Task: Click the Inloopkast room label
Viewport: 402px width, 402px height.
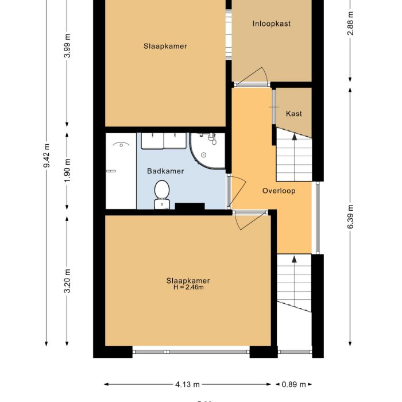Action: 272,24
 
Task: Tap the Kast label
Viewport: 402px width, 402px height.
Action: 293,114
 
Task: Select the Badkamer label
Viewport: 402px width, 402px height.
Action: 165,171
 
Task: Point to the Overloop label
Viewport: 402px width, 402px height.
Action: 279,191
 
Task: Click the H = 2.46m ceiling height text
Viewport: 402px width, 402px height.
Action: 188,287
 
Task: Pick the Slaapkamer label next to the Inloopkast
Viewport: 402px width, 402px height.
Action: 165,47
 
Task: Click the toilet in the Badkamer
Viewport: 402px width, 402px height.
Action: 162,194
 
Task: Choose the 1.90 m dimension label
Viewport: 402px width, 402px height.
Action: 68,170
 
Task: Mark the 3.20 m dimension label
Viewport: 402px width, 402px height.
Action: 68,281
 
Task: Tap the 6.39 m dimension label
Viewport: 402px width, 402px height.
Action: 350,217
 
